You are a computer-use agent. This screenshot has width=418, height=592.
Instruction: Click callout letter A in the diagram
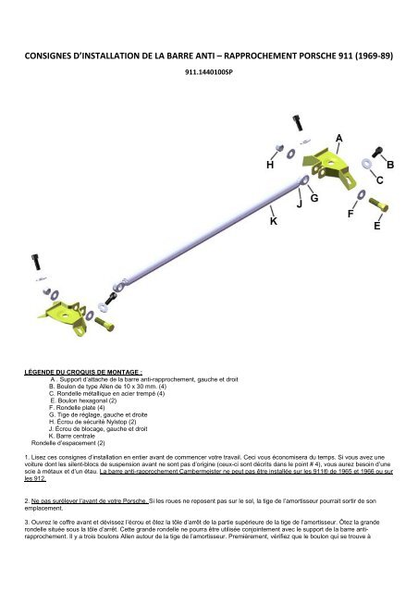point(338,139)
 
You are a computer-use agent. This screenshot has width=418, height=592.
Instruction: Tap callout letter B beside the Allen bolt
point(390,165)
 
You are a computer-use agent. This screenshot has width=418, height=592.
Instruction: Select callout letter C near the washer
point(379,180)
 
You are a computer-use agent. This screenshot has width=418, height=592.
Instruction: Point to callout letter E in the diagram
point(376,226)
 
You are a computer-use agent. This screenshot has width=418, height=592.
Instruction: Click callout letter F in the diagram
point(350,214)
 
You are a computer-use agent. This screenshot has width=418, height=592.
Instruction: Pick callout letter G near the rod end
point(314,198)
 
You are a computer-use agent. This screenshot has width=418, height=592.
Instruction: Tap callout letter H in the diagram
point(270,165)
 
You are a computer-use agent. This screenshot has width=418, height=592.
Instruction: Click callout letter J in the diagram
point(299,204)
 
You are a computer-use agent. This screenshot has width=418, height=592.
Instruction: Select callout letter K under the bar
point(274,221)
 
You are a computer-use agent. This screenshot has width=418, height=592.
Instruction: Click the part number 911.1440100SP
point(209,72)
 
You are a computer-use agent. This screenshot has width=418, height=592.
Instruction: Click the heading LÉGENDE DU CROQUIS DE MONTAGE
point(83,372)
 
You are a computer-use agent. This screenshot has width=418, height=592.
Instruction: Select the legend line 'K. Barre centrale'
point(72,436)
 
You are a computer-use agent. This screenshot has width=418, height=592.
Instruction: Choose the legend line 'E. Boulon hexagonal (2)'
point(83,401)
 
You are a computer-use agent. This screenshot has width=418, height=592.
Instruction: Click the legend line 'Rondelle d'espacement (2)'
point(68,443)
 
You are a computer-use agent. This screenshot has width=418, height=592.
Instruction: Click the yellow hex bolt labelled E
point(378,204)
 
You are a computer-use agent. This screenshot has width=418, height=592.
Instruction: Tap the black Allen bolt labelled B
point(377,152)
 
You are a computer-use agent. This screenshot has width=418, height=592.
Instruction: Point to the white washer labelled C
point(366,164)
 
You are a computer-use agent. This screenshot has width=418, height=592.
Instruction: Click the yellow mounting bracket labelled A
point(329,168)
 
